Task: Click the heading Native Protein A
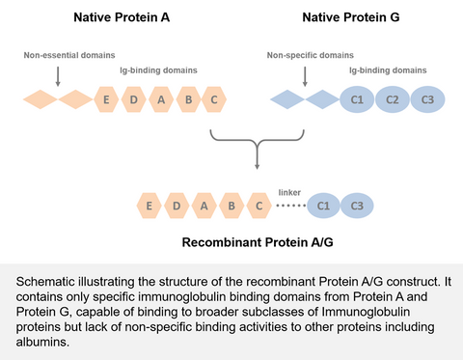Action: tap(123, 17)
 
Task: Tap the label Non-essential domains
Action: tap(60, 55)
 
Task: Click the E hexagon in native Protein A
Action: tap(106, 98)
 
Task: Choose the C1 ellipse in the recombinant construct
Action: tap(324, 206)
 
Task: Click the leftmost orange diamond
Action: tap(40, 98)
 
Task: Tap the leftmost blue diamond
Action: tap(286, 98)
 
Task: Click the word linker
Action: tap(289, 192)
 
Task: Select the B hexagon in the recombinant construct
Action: tap(231, 206)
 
